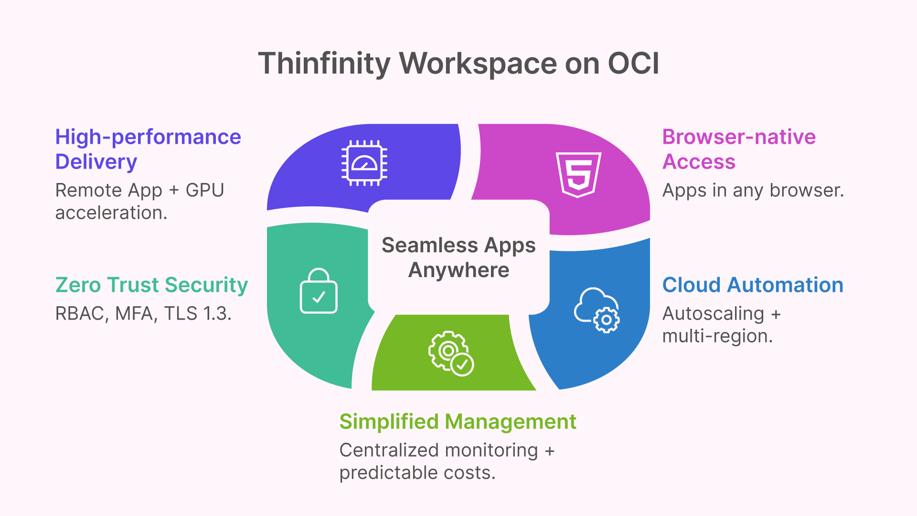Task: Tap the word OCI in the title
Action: [633, 64]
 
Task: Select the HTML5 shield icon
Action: [578, 174]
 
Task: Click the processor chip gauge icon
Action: [364, 163]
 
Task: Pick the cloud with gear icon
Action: [597, 310]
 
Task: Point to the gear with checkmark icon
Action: [451, 354]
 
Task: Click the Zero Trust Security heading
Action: [151, 285]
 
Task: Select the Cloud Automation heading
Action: [753, 285]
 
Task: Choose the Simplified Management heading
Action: [458, 422]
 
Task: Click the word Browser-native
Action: [739, 137]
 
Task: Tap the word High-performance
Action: [148, 137]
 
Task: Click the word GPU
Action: [205, 191]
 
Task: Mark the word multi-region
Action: [717, 336]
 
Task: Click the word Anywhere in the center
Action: [458, 270]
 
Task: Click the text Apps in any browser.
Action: [753, 191]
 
